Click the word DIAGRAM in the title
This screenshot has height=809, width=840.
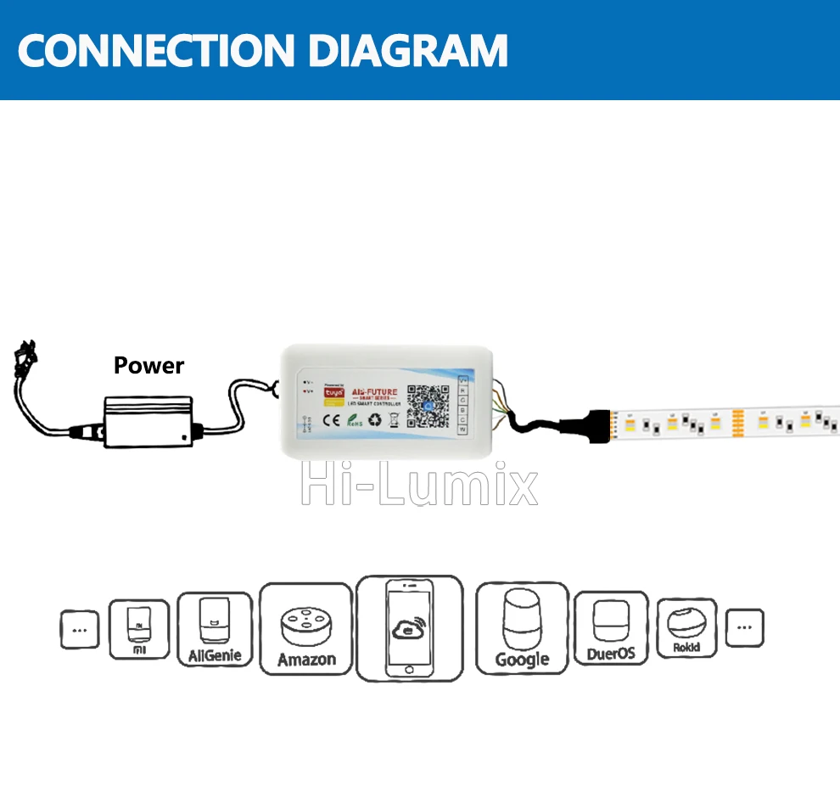[407, 51]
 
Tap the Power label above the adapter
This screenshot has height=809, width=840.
[148, 366]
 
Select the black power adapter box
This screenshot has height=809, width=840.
[148, 419]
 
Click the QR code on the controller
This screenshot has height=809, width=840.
[429, 405]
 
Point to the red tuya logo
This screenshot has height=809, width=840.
[334, 393]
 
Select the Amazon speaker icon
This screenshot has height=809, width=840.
[306, 629]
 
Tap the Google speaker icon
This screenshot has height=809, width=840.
[522, 629]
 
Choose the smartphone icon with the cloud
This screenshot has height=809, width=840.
[410, 629]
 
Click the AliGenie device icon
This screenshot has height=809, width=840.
[213, 629]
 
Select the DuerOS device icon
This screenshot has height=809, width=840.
[610, 629]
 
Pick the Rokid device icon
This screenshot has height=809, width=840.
[686, 629]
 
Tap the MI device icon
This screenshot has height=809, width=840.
[139, 629]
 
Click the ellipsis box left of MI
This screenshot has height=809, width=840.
[80, 630]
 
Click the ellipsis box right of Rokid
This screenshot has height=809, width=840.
[744, 628]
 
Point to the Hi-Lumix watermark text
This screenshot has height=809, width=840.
[420, 486]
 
